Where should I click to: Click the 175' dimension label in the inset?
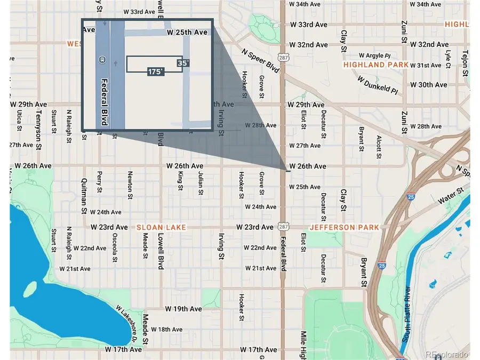(x=156, y=71)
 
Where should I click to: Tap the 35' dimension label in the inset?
(x=183, y=63)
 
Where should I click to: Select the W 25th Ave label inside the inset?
(x=187, y=33)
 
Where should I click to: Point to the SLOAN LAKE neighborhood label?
(x=162, y=227)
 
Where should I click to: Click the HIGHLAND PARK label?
(x=376, y=65)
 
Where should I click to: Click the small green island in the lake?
(x=30, y=290)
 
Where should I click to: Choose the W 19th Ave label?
(x=183, y=309)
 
